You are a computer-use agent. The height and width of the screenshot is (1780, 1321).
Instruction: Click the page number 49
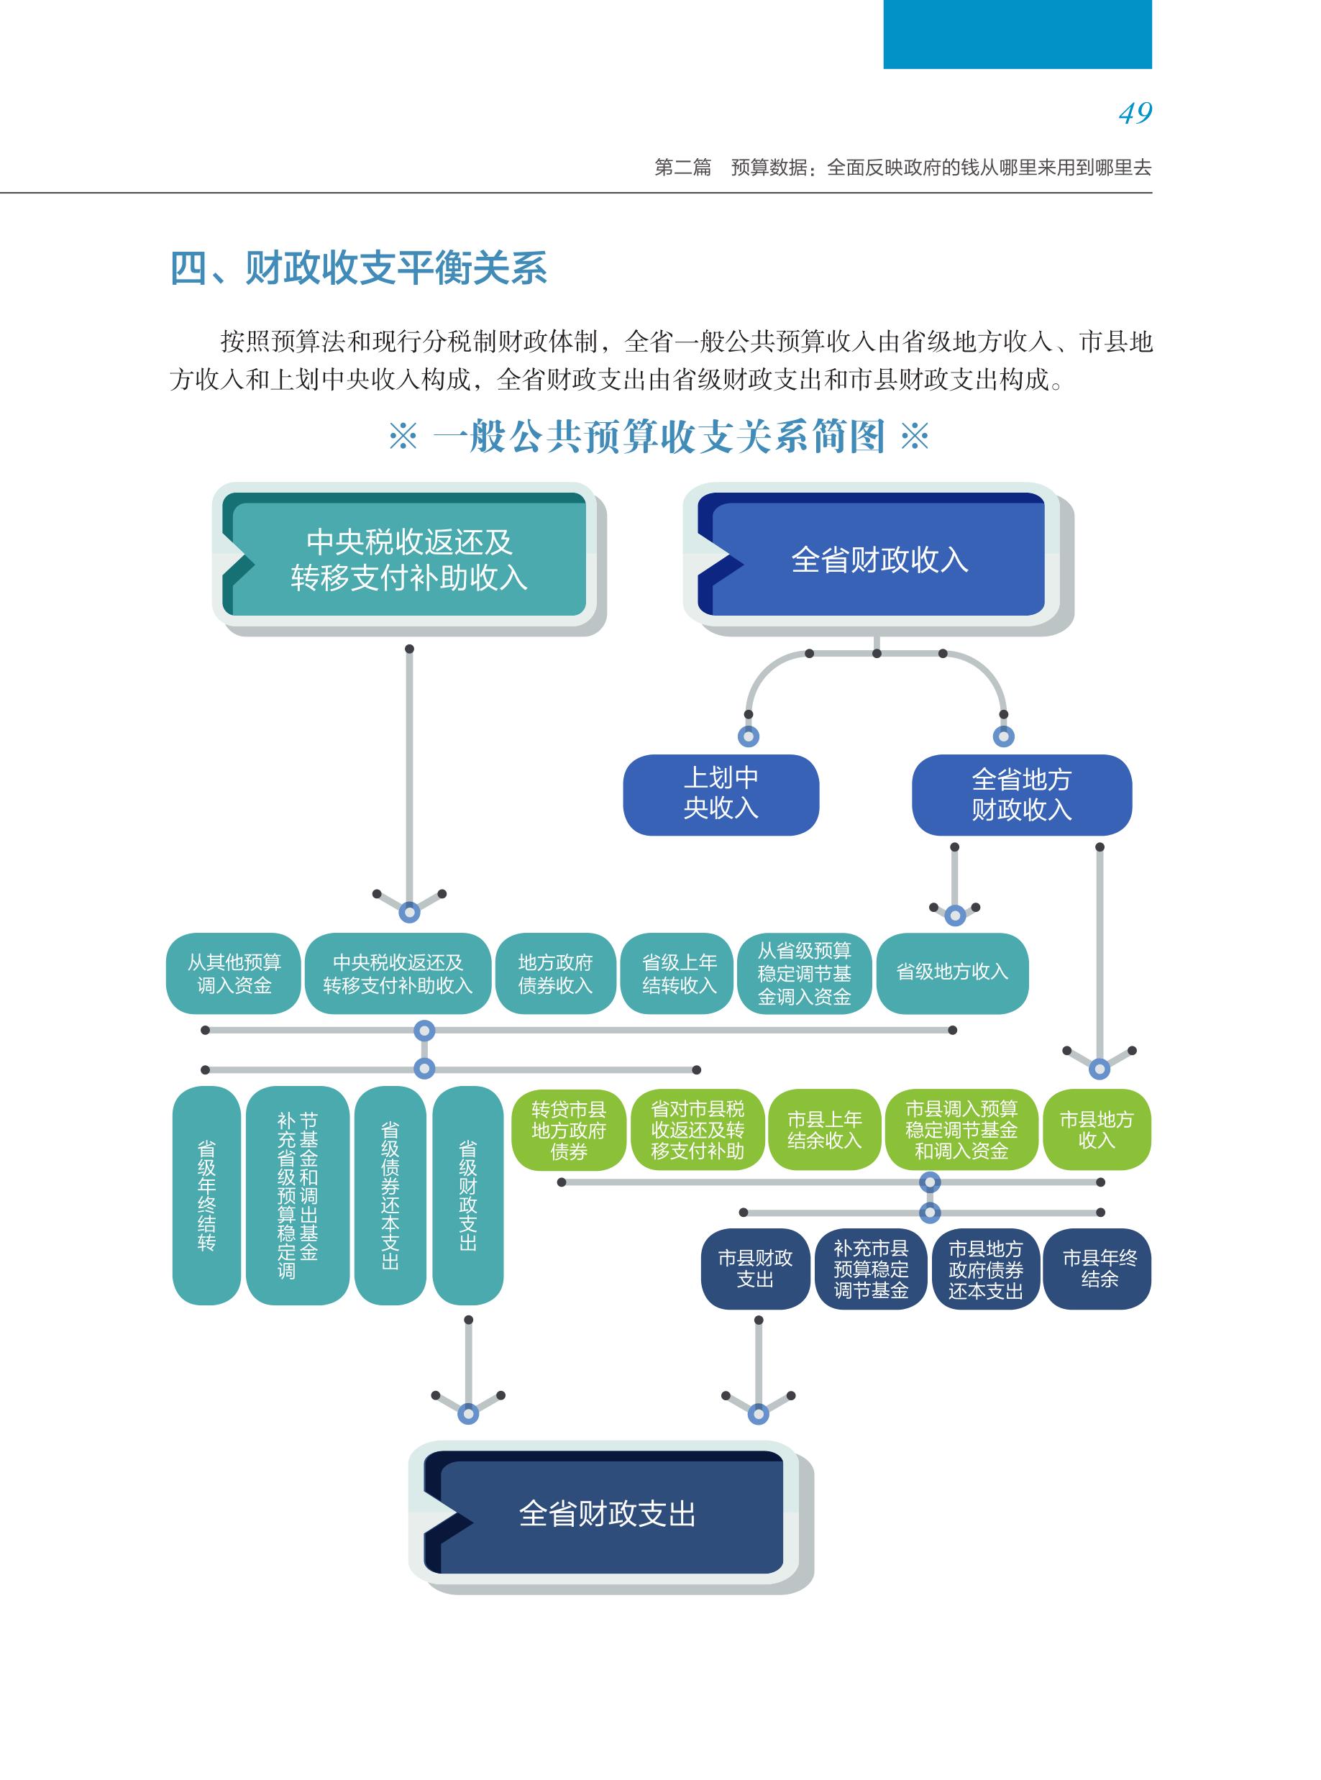point(1135,114)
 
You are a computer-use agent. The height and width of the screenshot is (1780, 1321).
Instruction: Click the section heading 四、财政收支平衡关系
point(358,268)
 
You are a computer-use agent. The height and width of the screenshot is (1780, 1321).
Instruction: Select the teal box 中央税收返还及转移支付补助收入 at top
point(408,559)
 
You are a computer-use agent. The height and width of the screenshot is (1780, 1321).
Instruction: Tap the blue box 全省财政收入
point(878,559)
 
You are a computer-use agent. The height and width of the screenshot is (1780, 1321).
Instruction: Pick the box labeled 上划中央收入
point(721,794)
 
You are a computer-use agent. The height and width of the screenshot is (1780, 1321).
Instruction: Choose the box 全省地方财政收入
point(1021,795)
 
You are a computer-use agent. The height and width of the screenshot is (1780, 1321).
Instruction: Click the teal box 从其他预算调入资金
point(234,973)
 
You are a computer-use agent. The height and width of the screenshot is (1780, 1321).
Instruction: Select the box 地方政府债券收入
point(555,973)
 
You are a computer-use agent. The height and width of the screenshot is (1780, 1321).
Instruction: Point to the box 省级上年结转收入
point(678,973)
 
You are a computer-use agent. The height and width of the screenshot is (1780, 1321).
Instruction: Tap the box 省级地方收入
point(951,972)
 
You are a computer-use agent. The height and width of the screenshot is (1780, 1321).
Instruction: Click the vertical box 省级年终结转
point(206,1195)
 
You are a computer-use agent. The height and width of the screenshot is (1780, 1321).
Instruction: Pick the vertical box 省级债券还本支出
point(390,1195)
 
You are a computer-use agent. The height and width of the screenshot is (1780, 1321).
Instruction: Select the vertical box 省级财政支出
point(468,1195)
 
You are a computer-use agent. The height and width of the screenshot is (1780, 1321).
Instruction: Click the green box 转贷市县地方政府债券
point(569,1130)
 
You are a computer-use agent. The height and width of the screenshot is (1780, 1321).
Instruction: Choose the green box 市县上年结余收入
point(824,1129)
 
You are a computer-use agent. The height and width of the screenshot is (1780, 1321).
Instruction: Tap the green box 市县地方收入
point(1097,1129)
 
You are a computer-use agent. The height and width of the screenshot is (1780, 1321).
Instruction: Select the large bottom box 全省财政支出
point(606,1514)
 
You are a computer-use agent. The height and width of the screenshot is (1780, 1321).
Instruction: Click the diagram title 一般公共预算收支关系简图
point(658,437)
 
